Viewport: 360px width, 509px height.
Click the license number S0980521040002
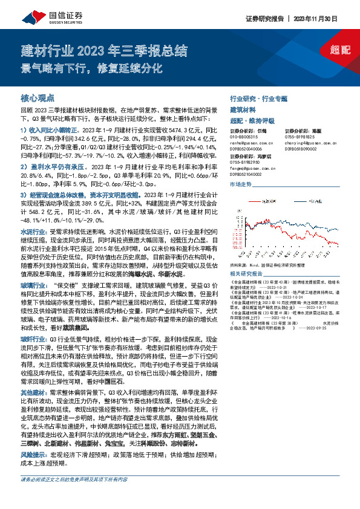(250, 172)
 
